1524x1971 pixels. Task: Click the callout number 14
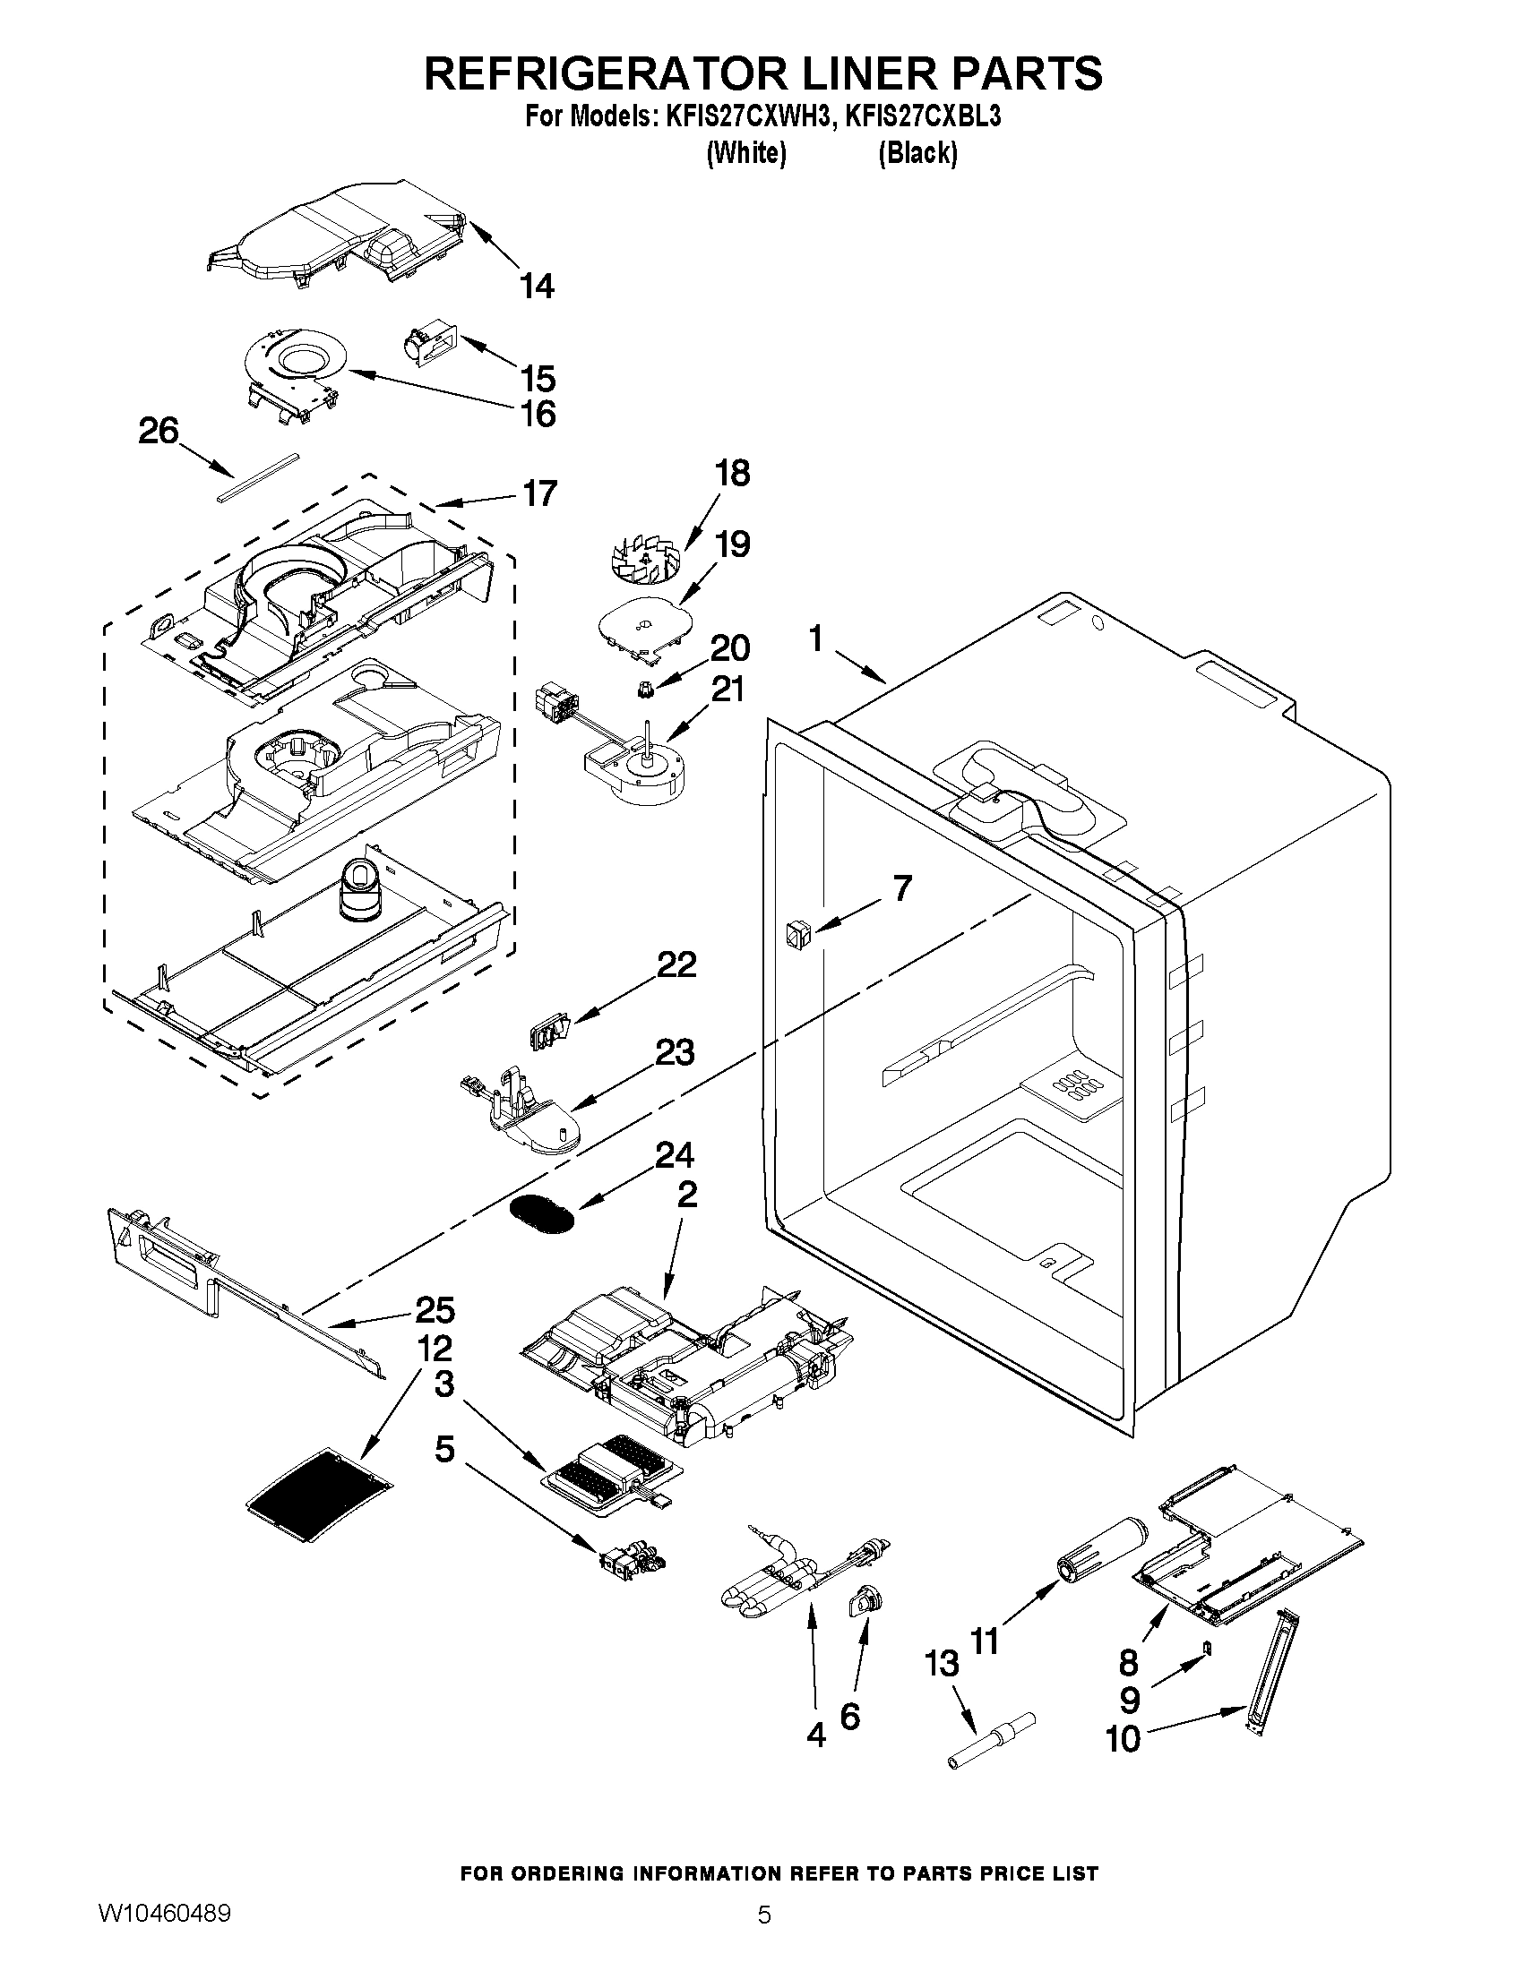537,287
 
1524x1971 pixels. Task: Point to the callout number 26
159,432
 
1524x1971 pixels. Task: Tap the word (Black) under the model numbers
917,153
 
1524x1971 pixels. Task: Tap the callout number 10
1124,1739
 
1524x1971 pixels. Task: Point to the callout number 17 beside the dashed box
540,493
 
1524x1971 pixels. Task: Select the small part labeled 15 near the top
430,344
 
